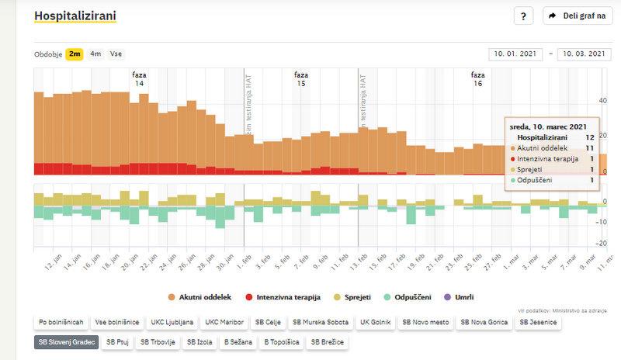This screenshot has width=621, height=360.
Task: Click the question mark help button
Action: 523,16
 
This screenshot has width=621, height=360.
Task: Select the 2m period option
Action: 75,54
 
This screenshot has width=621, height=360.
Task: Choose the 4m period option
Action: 95,54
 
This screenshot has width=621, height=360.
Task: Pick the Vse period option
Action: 116,54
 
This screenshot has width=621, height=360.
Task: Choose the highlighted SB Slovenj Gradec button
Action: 66,341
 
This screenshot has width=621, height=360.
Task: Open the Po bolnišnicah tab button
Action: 59,321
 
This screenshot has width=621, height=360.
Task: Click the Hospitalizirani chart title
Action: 75,16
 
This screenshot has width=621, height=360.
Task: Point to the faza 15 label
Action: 301,78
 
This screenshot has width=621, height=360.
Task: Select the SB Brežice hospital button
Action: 329,341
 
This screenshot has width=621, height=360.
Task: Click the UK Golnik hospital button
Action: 376,321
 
